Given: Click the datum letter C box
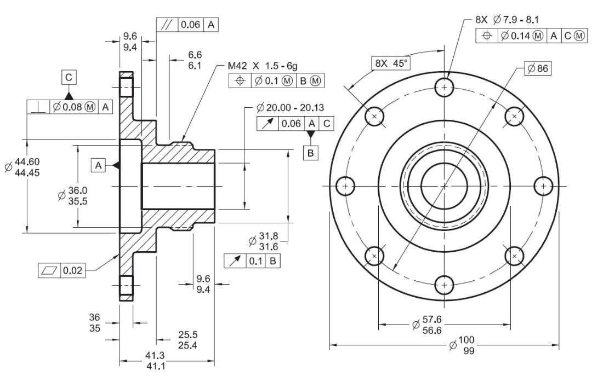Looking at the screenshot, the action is click(69, 77).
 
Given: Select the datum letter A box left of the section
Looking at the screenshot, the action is click(99, 165).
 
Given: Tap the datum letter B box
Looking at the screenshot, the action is click(311, 153).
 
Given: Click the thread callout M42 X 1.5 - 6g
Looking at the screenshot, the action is click(263, 66).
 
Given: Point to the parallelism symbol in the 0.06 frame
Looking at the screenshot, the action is click(167, 25).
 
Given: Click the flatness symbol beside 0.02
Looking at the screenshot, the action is click(49, 270).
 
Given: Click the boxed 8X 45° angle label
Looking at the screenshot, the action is click(391, 63).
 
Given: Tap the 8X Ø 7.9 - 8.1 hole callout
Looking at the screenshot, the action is click(507, 20).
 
